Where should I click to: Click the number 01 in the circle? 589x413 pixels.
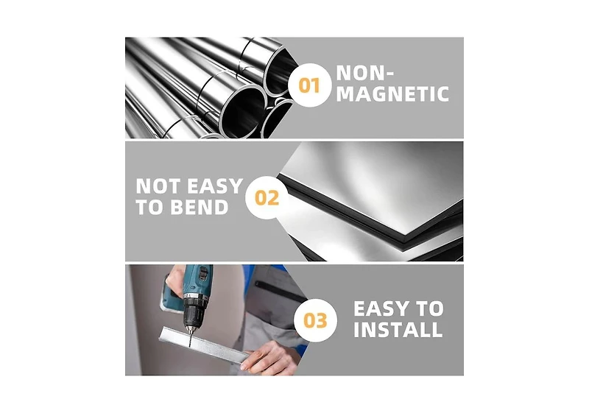pos(308,85)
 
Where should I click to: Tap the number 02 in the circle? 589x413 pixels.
pos(267,198)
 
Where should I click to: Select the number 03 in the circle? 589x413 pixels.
pos(315,321)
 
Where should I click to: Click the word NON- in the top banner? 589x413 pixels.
pos(364,73)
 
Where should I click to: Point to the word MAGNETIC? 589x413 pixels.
pos(392,94)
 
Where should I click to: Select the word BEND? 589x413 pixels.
pos(199,207)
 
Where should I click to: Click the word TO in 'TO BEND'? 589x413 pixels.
pos(150,207)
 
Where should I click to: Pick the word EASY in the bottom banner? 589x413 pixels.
pos(381,308)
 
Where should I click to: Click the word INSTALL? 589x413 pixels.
pos(398,330)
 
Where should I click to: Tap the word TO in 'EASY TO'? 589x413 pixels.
pos(429,308)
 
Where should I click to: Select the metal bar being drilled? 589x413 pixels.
pos(205,345)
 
